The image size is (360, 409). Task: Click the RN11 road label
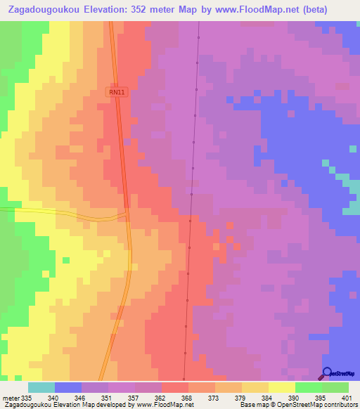[117, 92]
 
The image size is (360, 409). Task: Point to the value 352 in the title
[160, 11]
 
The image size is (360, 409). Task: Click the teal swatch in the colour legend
[41, 387]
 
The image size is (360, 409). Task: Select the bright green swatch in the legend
[308, 387]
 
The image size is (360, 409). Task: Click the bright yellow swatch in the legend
[281, 387]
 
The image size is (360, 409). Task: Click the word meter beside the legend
[10, 397]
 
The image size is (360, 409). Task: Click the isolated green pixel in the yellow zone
[65, 260]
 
